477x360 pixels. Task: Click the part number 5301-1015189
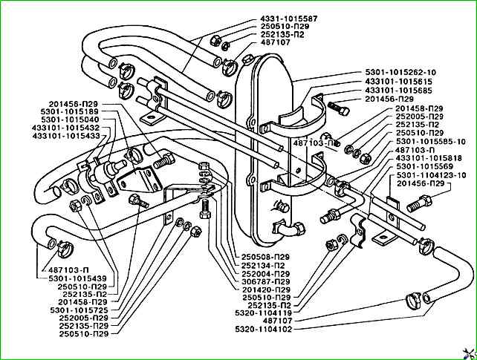(69, 111)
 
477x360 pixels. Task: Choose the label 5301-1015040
(69, 120)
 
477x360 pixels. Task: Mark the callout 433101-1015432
(65, 128)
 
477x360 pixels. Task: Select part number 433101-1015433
(65, 136)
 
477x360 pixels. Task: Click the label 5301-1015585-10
(430, 141)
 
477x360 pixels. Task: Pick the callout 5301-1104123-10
(430, 174)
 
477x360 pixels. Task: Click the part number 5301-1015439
(78, 278)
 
